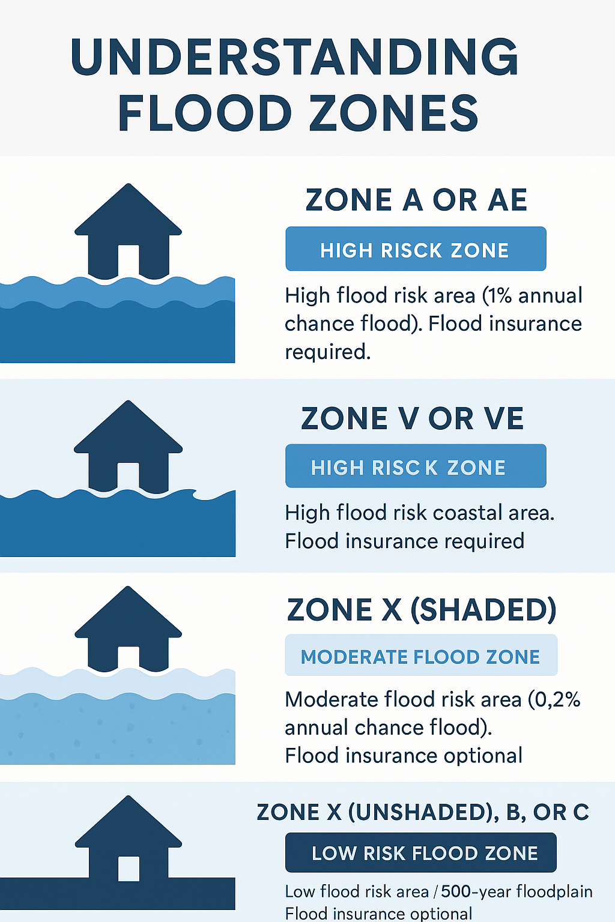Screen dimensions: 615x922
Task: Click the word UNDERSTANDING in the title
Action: coord(294,57)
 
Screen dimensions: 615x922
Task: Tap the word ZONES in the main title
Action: coord(393,112)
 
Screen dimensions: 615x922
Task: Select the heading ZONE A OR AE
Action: coord(416,200)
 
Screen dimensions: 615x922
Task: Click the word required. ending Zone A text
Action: coord(328,352)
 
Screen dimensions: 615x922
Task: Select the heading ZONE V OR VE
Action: coord(413,418)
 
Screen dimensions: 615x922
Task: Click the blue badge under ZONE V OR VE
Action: coord(416,466)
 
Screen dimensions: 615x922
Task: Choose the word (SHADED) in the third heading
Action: coord(483,610)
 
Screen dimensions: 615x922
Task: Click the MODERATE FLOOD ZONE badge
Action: coord(421,655)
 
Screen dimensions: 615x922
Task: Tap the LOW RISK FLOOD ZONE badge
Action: coord(420,852)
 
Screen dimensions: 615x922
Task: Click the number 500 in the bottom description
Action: coord(456,891)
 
